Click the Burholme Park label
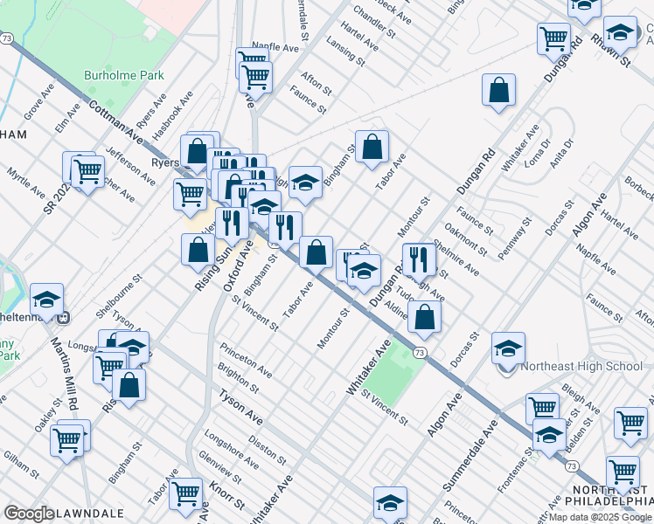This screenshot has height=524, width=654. pyautogui.click(x=123, y=76)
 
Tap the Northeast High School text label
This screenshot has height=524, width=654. pyautogui.click(x=581, y=367)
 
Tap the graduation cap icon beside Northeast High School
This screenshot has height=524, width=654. pyautogui.click(x=508, y=348)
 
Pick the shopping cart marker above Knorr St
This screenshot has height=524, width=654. pyautogui.click(x=185, y=493)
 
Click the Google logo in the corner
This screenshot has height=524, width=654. pyautogui.click(x=29, y=514)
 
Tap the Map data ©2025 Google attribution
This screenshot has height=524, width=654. pyautogui.click(x=600, y=517)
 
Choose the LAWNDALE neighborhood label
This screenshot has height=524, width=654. pyautogui.click(x=89, y=513)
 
